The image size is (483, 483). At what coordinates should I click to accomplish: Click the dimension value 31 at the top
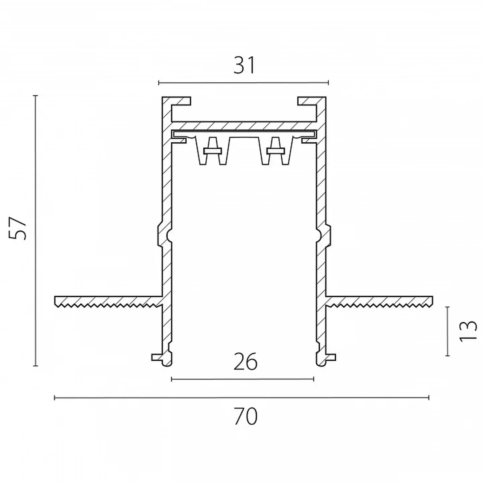244,65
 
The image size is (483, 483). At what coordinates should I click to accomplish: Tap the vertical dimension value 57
18,228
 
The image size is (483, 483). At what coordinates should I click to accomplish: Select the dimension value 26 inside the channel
245,361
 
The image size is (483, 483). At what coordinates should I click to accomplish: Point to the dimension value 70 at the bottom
245,416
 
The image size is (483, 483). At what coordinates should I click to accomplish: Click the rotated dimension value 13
468,331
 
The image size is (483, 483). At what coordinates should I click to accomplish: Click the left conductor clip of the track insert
213,151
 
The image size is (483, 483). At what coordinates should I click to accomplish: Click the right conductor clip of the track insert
275,151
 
